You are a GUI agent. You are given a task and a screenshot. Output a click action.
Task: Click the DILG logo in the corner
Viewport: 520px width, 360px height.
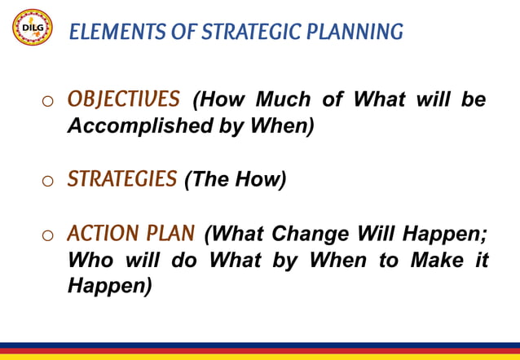32,28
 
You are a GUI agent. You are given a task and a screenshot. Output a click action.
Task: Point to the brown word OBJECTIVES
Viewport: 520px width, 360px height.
123,99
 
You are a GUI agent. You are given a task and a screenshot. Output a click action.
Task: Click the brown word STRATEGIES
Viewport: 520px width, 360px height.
121,178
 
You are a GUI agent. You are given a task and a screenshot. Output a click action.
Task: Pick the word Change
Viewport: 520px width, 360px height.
311,235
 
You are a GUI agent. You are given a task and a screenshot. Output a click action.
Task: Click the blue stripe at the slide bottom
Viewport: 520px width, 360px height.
260,345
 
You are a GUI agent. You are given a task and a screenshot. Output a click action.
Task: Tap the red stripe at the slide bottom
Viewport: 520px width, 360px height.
260,350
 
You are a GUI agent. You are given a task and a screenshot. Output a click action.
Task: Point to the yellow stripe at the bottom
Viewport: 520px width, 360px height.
260,357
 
